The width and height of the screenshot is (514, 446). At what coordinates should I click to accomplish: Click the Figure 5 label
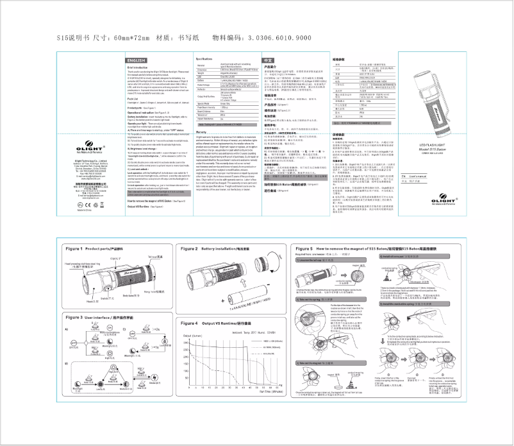point(301,248)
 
